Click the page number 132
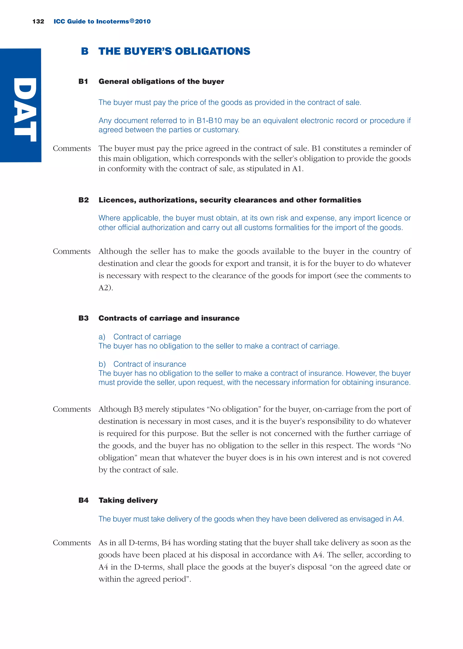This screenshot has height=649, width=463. pos(38,22)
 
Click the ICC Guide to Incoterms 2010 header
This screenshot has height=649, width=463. pos(102,22)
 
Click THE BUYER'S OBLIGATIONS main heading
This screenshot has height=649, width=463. pos(174,51)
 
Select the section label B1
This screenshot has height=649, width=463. pos(83,82)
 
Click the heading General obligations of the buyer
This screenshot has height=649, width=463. pos(161,82)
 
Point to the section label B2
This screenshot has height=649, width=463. pos(83,200)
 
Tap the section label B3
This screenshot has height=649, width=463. pos(83,318)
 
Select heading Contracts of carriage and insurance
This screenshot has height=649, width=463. pos(169,318)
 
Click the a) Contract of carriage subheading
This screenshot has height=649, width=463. pos(140,337)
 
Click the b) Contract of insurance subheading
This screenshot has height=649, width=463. pos(142,364)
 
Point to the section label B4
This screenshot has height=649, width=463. pos(83,500)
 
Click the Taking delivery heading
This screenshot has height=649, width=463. pos(128,500)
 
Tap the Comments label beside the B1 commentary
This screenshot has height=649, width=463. pos(72,148)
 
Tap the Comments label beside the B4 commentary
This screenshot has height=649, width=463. pos(72,543)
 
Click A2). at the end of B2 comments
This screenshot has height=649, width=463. pos(106,288)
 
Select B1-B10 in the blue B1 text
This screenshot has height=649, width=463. pos(209,121)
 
